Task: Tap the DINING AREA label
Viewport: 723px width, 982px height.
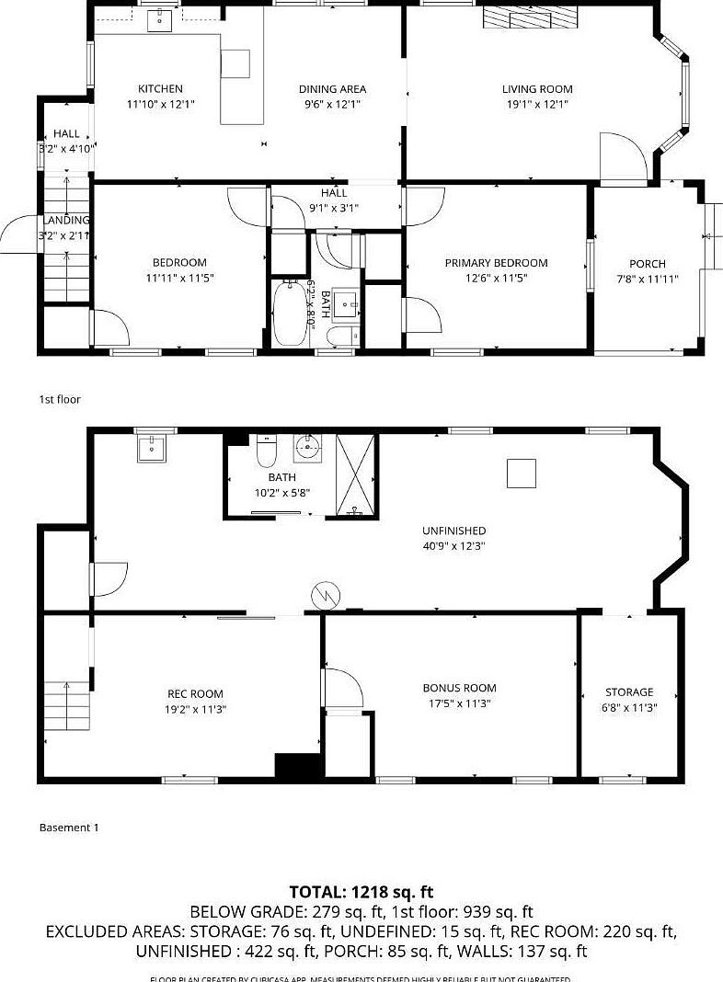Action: click(332, 89)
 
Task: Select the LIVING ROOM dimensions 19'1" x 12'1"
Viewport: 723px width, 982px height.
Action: click(536, 105)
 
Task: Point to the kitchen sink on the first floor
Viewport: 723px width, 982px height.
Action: click(160, 19)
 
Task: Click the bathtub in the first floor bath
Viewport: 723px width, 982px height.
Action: click(292, 314)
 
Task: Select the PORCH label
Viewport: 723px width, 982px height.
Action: click(647, 264)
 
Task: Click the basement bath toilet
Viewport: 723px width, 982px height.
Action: click(266, 451)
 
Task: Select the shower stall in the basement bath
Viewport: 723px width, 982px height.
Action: click(356, 474)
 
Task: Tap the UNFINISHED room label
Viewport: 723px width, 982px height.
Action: click(453, 531)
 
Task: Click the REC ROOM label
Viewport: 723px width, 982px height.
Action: click(195, 694)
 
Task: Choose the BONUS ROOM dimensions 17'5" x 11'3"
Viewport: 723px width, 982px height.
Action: click(459, 703)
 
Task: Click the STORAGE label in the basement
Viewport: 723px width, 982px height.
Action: click(629, 692)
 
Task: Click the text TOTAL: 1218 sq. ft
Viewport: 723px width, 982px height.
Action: click(361, 892)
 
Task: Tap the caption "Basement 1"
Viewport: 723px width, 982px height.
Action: click(69, 828)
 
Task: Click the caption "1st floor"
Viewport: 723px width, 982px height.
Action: click(60, 399)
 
